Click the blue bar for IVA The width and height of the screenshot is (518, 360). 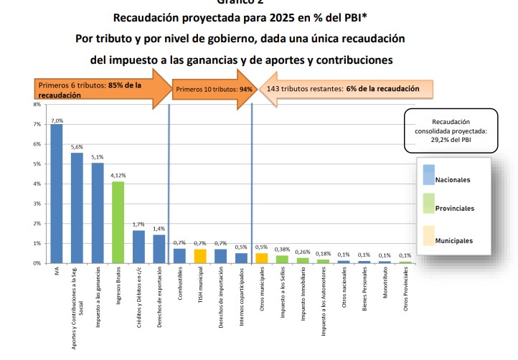coord(56,194)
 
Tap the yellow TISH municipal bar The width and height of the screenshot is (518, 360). coord(200,256)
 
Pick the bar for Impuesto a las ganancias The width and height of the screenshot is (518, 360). coord(98,213)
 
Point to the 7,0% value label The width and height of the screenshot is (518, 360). coord(57,120)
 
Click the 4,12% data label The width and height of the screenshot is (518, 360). coord(118,175)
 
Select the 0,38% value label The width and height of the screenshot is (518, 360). coord(283,250)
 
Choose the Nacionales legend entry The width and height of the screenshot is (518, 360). coord(453,179)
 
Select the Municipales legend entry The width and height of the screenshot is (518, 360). coord(454,240)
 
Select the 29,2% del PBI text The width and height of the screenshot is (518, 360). coord(450,141)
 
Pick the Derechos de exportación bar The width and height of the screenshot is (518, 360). coord(159,249)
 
